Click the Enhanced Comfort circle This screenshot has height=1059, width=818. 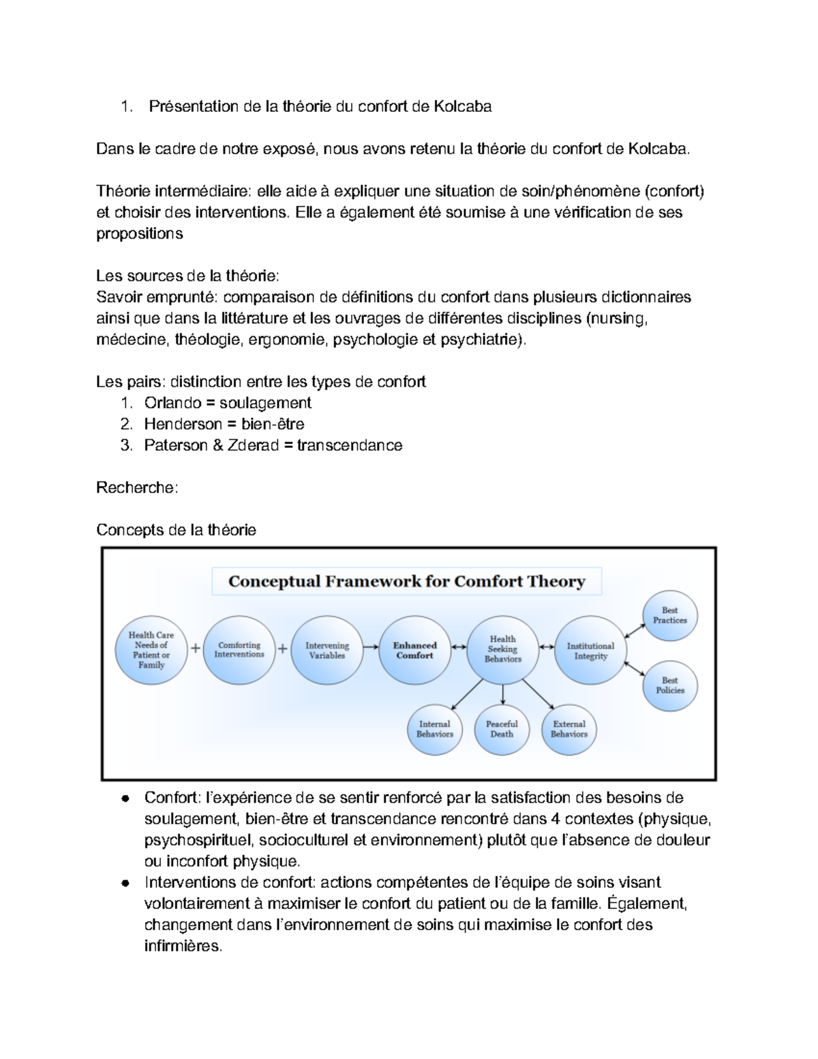click(414, 651)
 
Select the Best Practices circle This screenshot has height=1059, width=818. click(670, 615)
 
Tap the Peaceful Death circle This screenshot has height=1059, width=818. click(502, 729)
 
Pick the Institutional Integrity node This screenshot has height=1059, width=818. click(590, 651)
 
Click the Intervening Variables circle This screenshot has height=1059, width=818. click(327, 651)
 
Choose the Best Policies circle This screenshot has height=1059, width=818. click(670, 685)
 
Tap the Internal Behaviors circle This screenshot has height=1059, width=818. click(435, 729)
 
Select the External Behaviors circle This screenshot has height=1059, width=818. click(569, 729)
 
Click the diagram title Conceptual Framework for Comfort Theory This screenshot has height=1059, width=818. click(406, 581)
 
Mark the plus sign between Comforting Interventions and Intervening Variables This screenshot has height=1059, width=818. click(282, 649)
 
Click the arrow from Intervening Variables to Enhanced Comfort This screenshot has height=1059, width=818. click(371, 647)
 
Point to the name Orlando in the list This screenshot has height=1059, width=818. click(172, 403)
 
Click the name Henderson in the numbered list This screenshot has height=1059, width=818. click(183, 424)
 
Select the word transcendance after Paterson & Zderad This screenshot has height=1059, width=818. click(350, 445)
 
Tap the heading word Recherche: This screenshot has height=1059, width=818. click(137, 488)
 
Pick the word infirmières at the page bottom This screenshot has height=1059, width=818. click(183, 946)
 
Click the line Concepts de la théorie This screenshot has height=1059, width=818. click(176, 530)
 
